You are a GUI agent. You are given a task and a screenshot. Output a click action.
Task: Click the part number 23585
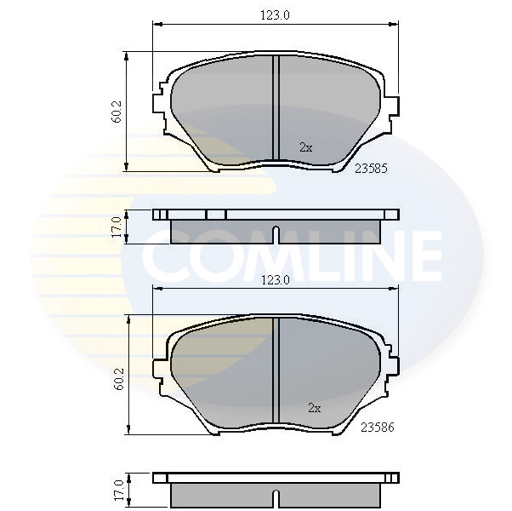click(x=370, y=169)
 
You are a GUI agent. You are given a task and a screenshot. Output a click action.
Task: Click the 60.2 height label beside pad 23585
click(x=117, y=112)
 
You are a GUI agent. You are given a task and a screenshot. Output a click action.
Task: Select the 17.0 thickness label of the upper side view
click(x=117, y=227)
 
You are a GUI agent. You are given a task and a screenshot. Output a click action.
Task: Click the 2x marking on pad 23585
click(x=306, y=146)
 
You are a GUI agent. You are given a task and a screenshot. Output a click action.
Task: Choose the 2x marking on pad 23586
click(x=314, y=408)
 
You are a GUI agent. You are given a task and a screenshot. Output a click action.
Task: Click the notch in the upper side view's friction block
click(x=275, y=233)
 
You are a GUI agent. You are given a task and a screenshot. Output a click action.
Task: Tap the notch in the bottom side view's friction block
click(x=275, y=496)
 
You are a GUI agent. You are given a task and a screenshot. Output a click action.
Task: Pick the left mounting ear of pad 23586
click(x=159, y=367)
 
